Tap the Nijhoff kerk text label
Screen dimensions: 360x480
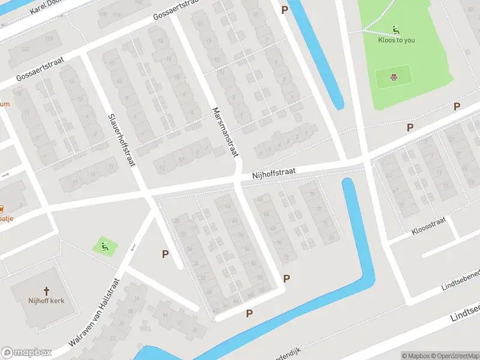pyautogui.click(x=46, y=301)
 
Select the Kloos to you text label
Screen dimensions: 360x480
pyautogui.click(x=396, y=40)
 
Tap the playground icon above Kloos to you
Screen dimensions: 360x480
pyautogui.click(x=396, y=30)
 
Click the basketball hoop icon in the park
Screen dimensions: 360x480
pyautogui.click(x=394, y=77)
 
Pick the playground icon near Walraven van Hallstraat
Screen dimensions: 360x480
pyautogui.click(x=104, y=245)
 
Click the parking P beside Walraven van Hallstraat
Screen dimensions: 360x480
pyautogui.click(x=165, y=254)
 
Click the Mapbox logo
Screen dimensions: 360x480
pyautogui.click(x=26, y=352)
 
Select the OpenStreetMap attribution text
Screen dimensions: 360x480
pyautogui.click(x=455, y=356)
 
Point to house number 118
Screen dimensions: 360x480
pyautogui.click(x=49, y=39)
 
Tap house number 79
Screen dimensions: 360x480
pyautogui.click(x=311, y=194)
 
